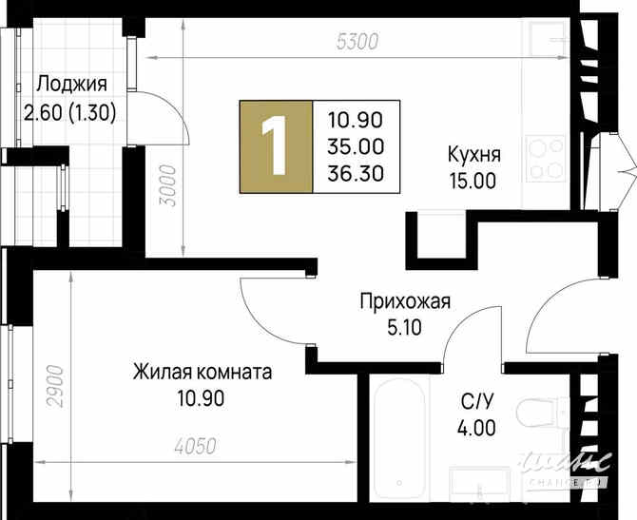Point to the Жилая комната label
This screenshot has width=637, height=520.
(203, 372)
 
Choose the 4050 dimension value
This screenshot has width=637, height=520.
(197, 446)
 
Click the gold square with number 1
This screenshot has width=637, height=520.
(277, 145)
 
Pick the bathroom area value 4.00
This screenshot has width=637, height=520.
(474, 428)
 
